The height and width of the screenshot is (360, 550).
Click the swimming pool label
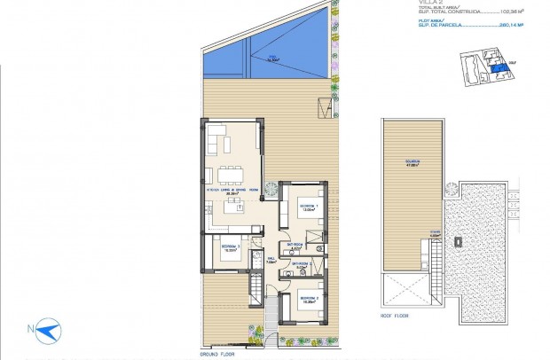(273, 59)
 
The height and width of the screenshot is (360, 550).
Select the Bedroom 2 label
(309, 300)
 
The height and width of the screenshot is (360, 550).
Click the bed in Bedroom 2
(305, 310)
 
